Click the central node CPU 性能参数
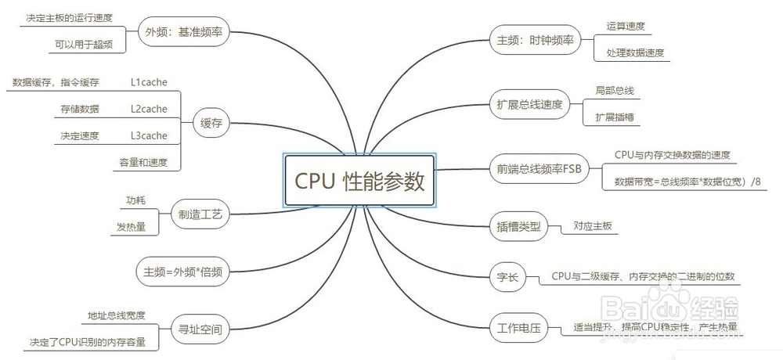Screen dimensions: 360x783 (360, 181)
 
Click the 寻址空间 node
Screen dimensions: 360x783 (200, 329)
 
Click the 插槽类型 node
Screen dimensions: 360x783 (518, 227)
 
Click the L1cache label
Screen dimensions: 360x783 (149, 81)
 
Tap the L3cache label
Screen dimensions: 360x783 (149, 135)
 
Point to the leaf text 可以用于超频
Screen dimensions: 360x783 (78, 45)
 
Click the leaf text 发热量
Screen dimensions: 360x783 (132, 227)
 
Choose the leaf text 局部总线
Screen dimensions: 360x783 (614, 91)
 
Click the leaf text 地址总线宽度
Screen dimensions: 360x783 (117, 315)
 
